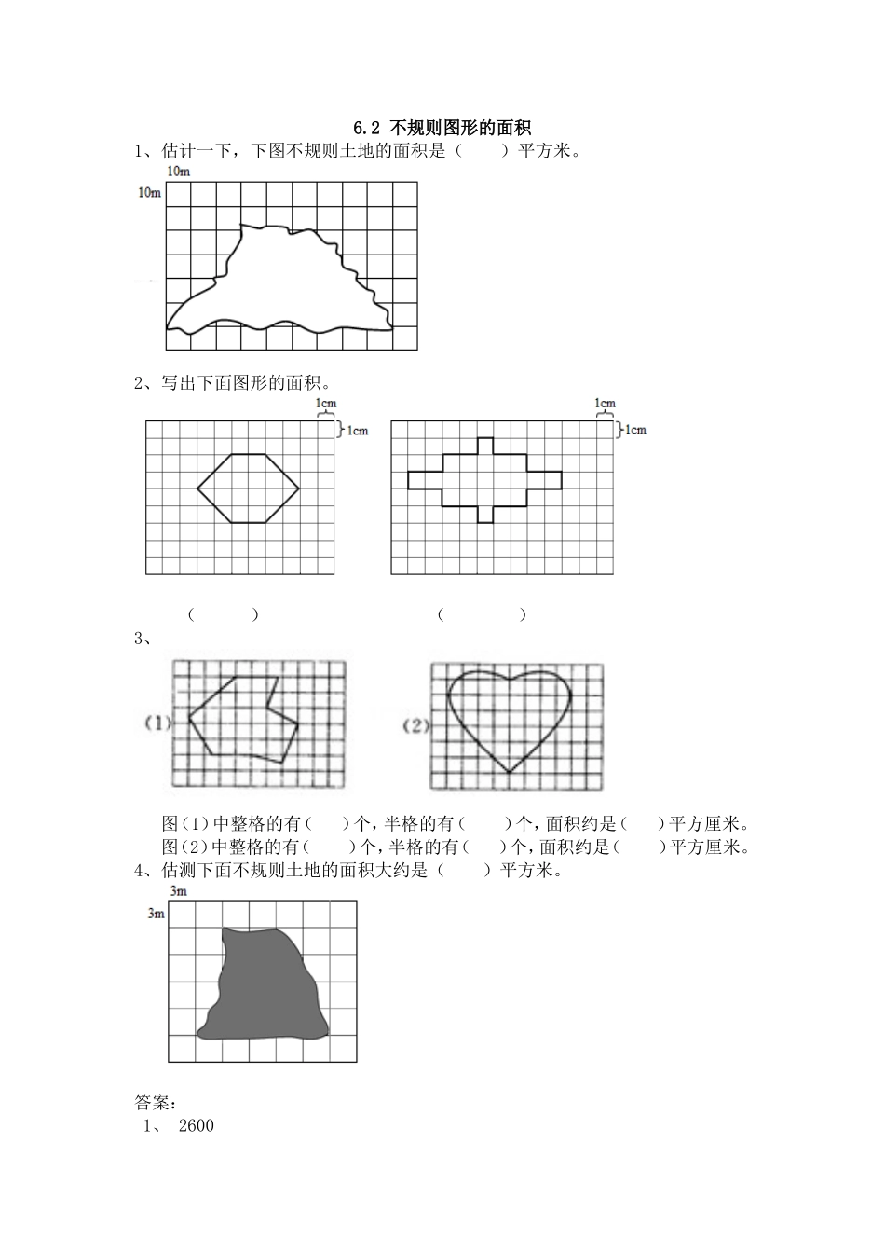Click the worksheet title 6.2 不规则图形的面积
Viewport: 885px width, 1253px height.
point(442,128)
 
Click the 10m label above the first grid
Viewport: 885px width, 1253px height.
point(177,172)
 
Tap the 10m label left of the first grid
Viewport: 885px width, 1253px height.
point(149,193)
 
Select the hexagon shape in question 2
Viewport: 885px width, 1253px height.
point(248,488)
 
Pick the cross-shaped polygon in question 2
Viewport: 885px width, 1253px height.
point(484,480)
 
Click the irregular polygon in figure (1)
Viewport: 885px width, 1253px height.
point(244,718)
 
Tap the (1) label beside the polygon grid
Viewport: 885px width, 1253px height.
point(157,723)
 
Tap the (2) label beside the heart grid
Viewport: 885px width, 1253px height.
point(415,724)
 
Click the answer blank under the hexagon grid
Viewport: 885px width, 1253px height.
point(223,614)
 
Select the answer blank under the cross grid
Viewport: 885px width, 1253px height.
point(482,614)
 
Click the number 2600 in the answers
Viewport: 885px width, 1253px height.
point(196,1126)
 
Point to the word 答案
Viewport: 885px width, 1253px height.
point(151,1102)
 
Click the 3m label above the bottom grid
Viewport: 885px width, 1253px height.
point(179,892)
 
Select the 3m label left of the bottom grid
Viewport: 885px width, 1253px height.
point(156,914)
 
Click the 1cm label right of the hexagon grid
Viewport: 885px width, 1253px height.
point(358,430)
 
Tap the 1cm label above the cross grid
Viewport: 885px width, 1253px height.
point(605,404)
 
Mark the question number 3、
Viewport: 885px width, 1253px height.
point(143,639)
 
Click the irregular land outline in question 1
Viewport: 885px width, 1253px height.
point(279,280)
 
